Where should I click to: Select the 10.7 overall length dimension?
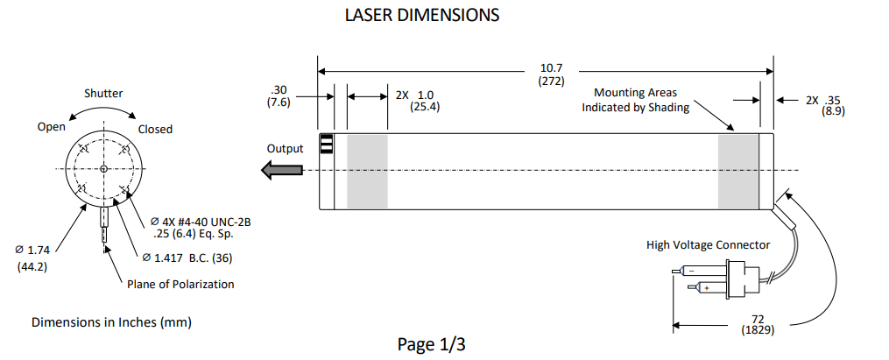click(551, 67)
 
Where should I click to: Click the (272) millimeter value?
click(551, 81)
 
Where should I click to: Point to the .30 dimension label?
click(279, 89)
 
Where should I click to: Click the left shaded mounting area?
click(367, 171)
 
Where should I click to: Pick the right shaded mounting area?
click(738, 171)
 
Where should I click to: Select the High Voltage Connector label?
click(708, 244)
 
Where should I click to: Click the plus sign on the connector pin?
click(706, 288)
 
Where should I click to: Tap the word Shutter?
click(103, 93)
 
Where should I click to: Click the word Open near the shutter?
click(52, 127)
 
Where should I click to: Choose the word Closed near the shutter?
click(155, 129)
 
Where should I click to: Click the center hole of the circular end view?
click(103, 168)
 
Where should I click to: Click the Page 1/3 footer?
click(431, 344)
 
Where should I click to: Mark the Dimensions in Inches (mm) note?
click(111, 322)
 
